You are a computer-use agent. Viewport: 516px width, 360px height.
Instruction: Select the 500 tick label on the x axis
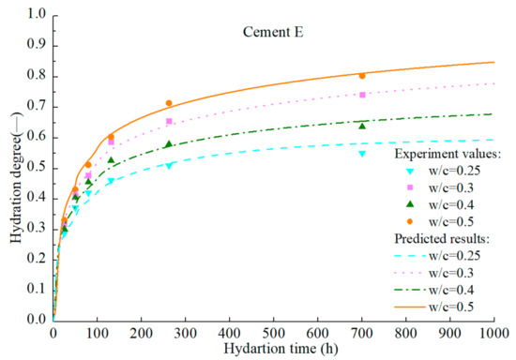pos(274,332)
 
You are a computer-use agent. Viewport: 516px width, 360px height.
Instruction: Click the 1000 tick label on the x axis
pos(493,332)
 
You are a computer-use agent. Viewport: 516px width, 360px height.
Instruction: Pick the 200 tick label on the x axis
pos(142,332)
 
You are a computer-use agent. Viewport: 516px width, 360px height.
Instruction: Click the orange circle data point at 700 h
pos(362,76)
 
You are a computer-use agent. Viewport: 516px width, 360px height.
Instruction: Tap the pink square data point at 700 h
pos(362,95)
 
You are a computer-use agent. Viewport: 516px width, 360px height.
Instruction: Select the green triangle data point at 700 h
pos(362,126)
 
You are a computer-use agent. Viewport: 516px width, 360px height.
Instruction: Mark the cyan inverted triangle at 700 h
pos(362,154)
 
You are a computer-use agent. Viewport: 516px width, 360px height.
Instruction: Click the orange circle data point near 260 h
pos(169,103)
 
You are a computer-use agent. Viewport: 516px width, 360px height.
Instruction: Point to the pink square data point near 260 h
pos(169,122)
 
